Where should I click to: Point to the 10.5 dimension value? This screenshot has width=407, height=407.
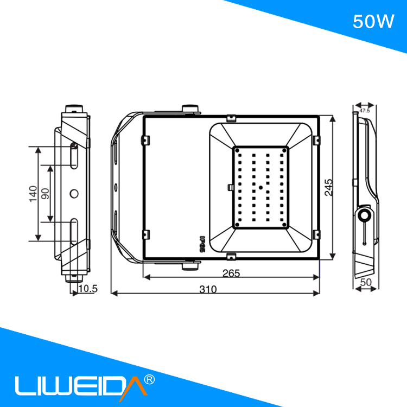87,289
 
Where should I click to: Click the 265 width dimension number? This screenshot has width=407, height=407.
231,274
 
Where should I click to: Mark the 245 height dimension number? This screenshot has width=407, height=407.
328,186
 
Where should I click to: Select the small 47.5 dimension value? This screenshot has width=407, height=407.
364,111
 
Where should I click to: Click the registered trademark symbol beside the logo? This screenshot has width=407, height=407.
150,379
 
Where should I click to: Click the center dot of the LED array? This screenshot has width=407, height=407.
260,187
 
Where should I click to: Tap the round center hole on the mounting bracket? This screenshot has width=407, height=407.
74,193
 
